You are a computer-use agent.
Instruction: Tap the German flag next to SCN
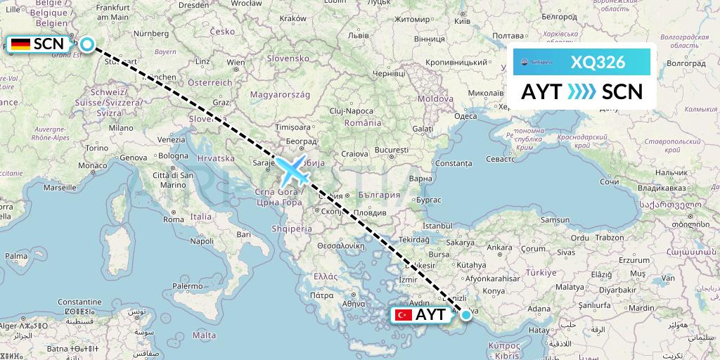(x=20, y=44)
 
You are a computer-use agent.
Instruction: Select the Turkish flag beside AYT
(x=404, y=314)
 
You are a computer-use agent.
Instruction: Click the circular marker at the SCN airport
(x=86, y=44)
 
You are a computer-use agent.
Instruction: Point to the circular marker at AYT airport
(x=465, y=314)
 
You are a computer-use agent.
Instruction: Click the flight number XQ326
(x=598, y=62)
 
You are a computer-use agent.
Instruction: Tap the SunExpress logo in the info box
(x=536, y=63)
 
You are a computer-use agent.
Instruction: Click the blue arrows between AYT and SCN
(x=581, y=91)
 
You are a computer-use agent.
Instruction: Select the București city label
(x=392, y=150)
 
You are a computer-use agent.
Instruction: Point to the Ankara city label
(x=500, y=247)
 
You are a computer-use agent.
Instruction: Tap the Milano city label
(x=120, y=129)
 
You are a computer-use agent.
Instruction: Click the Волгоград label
(x=686, y=63)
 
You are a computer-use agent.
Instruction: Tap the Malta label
(x=205, y=335)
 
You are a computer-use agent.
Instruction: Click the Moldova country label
(x=435, y=99)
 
